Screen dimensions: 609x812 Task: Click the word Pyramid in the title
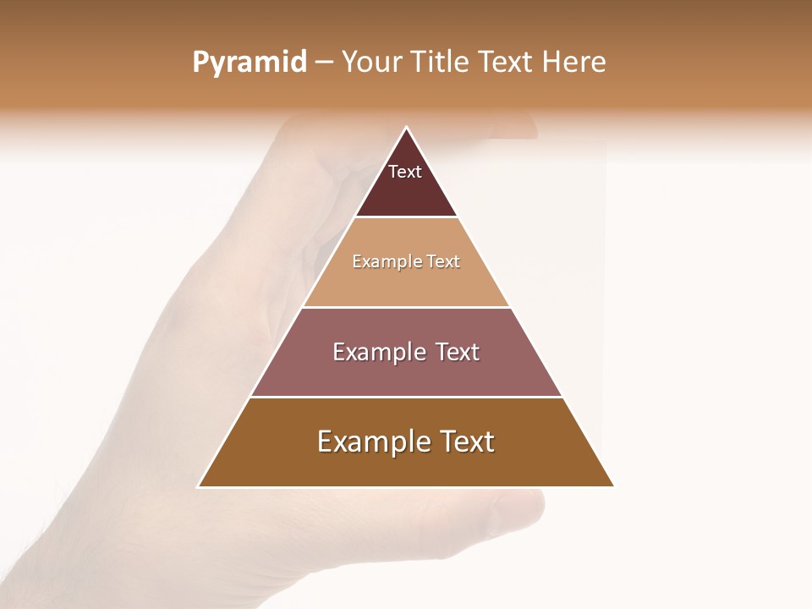pos(250,63)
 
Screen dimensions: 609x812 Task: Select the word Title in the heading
pos(440,63)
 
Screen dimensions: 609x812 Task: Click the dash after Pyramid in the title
pos(324,63)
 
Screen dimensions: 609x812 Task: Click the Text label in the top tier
pos(405,172)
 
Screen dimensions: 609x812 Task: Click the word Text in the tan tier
pos(443,261)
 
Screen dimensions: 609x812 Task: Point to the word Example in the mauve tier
pos(377,352)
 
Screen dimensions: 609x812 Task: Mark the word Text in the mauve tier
pos(458,352)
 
